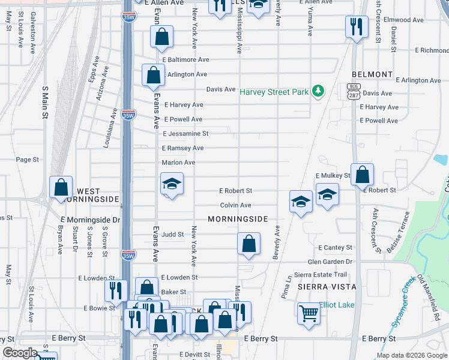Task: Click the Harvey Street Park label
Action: click(x=274, y=92)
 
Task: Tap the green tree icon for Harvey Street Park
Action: click(x=318, y=91)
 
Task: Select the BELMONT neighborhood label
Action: click(x=372, y=74)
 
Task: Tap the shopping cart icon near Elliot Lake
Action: click(x=309, y=312)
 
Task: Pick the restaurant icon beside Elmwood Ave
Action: click(x=357, y=26)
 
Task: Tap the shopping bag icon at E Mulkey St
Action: click(x=362, y=175)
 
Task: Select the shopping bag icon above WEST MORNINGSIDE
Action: click(x=61, y=187)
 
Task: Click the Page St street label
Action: click(x=27, y=160)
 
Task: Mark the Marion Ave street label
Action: click(x=178, y=163)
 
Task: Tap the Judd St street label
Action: click(x=172, y=234)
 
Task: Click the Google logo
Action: click(x=20, y=353)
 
